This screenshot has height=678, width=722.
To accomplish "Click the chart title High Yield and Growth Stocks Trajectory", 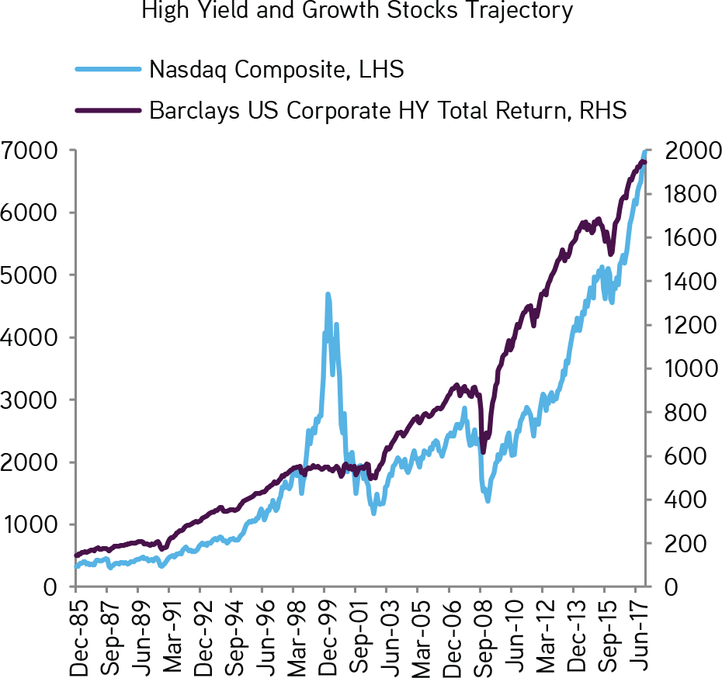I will [x=356, y=9].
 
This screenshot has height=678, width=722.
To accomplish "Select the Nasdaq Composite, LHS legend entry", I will [x=276, y=69].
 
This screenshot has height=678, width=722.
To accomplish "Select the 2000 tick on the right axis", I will [x=681, y=150].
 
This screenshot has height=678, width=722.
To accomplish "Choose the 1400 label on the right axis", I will [x=681, y=282].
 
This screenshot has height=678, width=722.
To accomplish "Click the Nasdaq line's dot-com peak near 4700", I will [x=328, y=294].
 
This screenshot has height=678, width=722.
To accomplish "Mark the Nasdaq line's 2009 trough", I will [x=488, y=501].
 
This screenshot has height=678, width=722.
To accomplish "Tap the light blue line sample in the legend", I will [x=108, y=69].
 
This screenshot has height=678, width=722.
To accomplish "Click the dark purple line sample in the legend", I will [x=108, y=110].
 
